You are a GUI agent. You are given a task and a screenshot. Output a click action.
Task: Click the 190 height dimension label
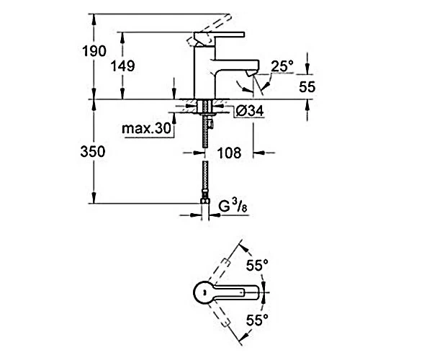click(x=94, y=51)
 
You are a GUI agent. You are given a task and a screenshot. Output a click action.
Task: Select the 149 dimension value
click(x=123, y=66)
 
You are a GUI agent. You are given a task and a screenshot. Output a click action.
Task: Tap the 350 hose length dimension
click(x=93, y=151)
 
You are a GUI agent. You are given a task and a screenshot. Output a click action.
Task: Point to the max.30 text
click(x=146, y=128)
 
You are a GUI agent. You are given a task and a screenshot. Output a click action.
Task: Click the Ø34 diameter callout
click(x=250, y=111)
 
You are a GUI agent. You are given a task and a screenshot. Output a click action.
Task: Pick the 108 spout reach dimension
click(x=229, y=153)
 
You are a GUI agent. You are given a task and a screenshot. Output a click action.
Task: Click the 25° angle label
click(x=282, y=66)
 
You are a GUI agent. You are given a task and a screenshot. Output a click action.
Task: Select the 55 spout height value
click(x=307, y=87)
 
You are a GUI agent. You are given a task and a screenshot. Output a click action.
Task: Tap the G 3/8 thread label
click(x=233, y=206)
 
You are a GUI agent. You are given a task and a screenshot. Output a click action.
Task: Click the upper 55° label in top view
click(x=257, y=265)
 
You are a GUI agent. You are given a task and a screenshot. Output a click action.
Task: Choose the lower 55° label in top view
click(x=257, y=320)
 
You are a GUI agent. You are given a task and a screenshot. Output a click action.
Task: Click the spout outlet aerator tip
click(x=251, y=73)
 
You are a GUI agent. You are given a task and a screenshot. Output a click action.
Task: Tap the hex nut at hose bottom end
click(x=204, y=202)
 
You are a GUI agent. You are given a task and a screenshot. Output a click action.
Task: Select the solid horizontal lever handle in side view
click(x=220, y=35)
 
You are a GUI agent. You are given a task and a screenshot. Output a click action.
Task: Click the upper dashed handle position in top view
click(x=220, y=273)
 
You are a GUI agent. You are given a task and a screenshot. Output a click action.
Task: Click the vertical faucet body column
click(x=204, y=71)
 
